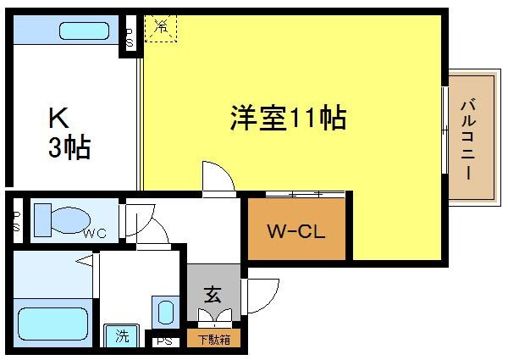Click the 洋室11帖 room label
point(288,119)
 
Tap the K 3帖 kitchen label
point(67,133)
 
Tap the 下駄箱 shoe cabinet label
point(213,340)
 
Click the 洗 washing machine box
point(122,336)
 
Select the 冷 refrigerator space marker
point(161,27)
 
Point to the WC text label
point(93,234)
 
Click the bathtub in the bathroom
point(53,324)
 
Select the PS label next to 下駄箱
point(164,341)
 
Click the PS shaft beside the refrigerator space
point(130,34)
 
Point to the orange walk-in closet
point(296,229)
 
